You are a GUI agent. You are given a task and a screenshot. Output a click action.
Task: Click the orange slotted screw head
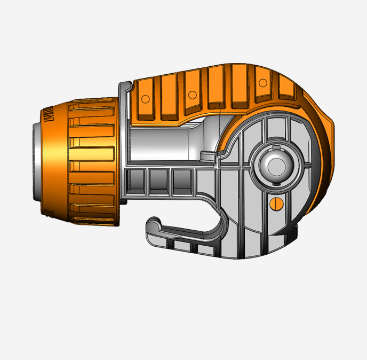pos(276,203)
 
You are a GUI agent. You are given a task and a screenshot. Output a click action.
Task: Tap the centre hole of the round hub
pos(276,165)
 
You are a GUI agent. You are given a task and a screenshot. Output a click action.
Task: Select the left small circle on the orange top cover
pos(191,95)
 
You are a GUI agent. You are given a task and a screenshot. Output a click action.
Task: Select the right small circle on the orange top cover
pos(262,83)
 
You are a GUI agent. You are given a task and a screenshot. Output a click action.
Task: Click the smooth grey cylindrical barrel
pos(165,144)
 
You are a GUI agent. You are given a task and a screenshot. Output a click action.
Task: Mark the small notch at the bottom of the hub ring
pos(276,185)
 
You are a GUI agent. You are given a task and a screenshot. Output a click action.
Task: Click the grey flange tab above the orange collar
pos(124,85)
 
